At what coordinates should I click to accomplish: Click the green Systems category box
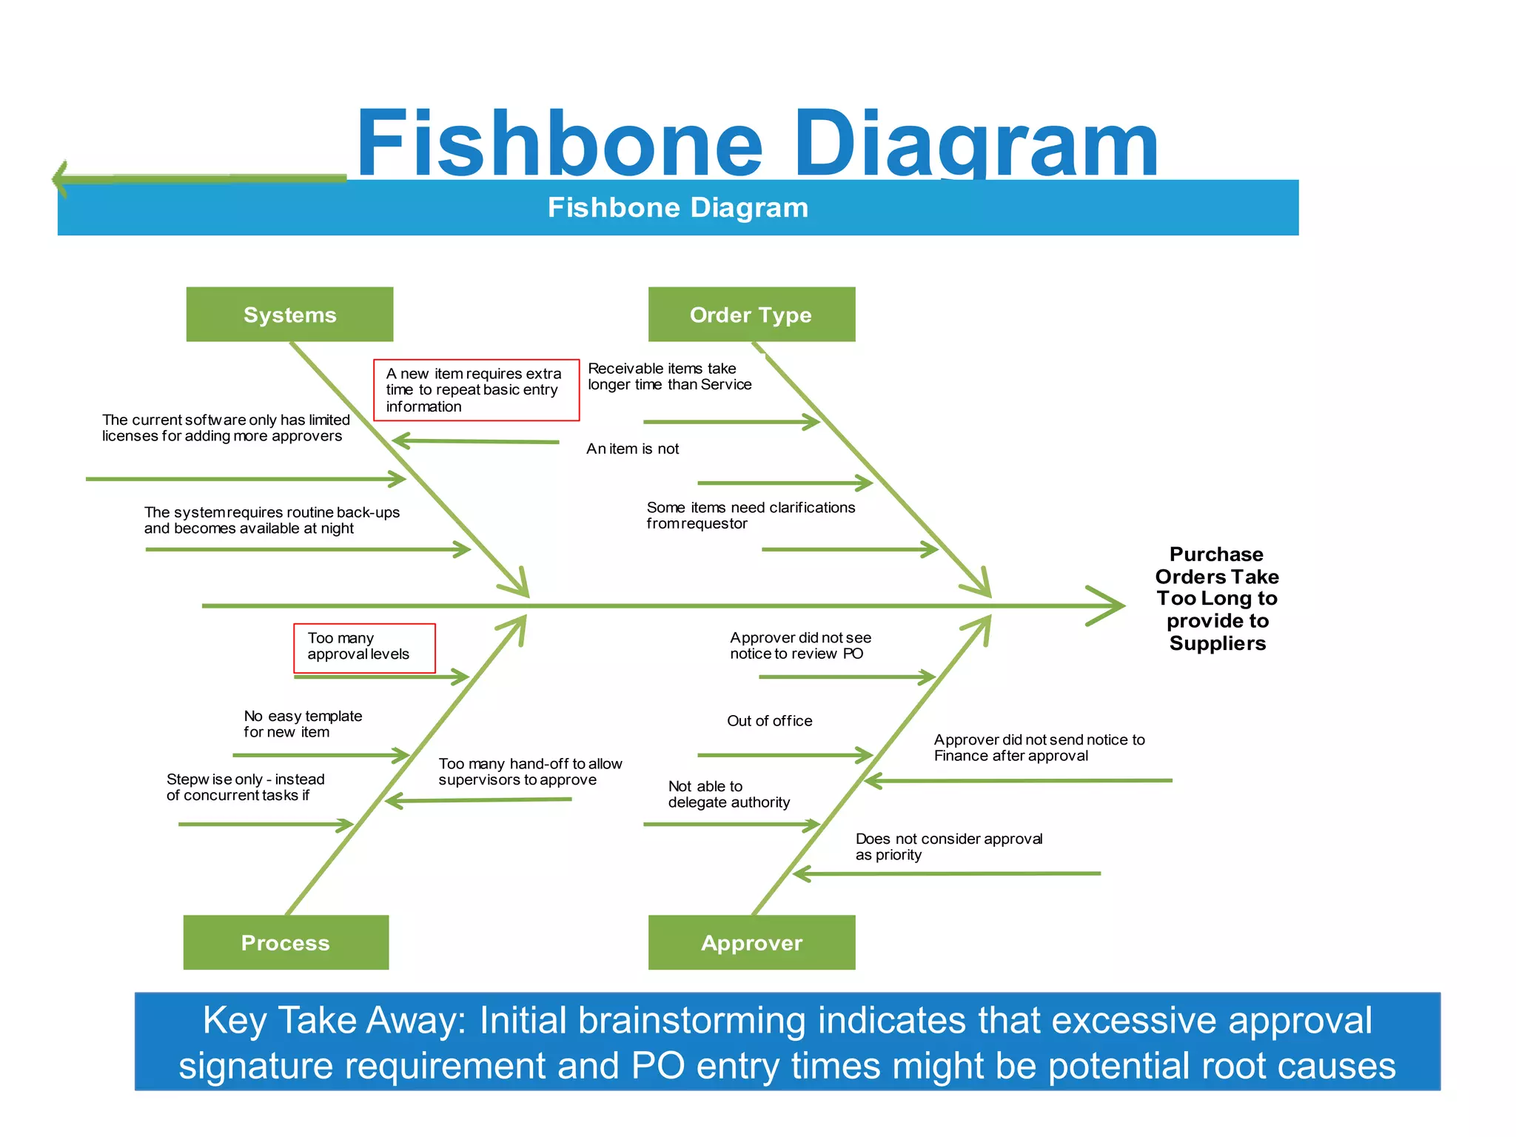tap(289, 315)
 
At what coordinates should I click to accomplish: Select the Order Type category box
tap(751, 315)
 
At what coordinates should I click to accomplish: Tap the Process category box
tap(286, 942)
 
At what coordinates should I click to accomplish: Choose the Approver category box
tap(751, 942)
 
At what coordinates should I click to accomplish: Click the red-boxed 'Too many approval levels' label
tap(359, 646)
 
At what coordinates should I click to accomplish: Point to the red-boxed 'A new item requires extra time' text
tap(474, 390)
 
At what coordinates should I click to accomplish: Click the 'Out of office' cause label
tap(769, 721)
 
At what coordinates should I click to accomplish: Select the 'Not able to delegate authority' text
tap(728, 794)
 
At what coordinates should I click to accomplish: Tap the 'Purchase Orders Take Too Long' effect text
tap(1217, 598)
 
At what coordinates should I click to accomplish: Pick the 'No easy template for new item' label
tap(303, 724)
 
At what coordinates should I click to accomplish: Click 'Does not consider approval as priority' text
tap(948, 847)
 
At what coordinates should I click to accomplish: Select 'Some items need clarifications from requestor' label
tap(750, 515)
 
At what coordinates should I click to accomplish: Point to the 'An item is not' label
tap(632, 449)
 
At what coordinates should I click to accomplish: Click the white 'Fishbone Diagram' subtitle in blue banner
tap(677, 208)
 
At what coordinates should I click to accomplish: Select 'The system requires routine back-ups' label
tap(272, 520)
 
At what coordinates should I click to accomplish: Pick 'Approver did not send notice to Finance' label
tap(1039, 748)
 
